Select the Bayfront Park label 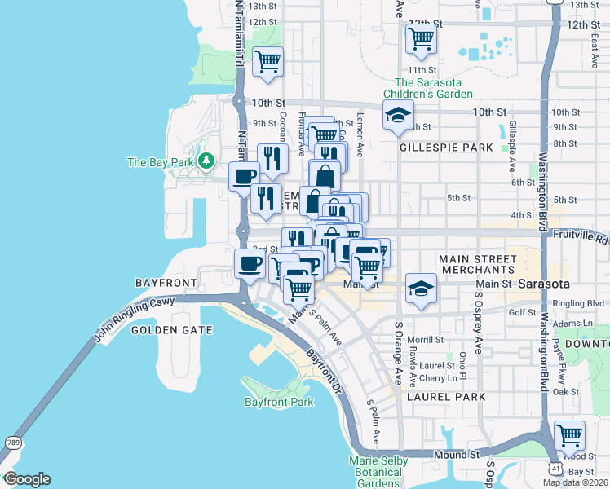279,403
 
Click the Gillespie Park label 446,148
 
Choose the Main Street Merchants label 477,264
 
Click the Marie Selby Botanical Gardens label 378,472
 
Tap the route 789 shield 13,442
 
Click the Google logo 26,479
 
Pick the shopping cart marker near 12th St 420,37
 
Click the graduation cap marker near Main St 421,289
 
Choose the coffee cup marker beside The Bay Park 243,176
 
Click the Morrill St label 426,339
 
